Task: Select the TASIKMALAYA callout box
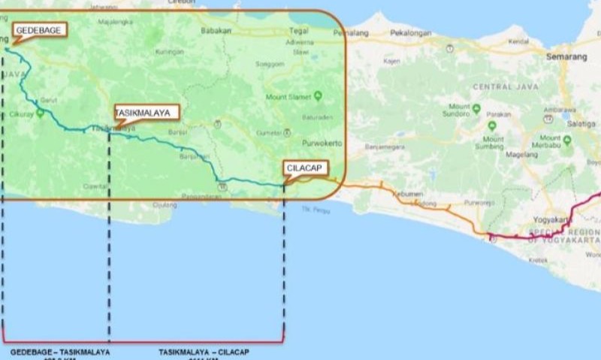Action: coord(146,113)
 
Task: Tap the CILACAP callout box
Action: coord(306,168)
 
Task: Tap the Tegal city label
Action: coord(299,32)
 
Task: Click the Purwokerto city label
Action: coord(322,143)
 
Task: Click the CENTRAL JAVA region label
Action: coord(502,87)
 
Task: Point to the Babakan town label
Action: coord(216,32)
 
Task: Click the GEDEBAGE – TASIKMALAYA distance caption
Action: coord(59,352)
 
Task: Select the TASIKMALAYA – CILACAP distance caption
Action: coord(204,352)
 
